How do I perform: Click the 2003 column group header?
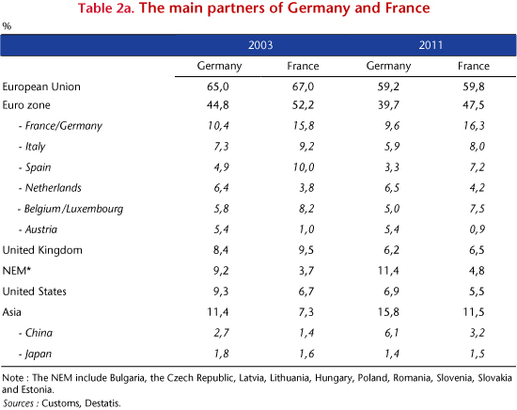point(260,45)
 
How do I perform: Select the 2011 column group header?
point(431,45)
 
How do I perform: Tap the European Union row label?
point(41,87)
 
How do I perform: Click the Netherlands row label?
point(50,188)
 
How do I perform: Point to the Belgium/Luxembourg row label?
point(70,209)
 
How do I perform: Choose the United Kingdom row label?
point(42,250)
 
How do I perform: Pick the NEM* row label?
point(17,271)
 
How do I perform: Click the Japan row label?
point(36,354)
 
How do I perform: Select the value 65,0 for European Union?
point(218,87)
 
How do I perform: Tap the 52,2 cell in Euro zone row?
point(303,105)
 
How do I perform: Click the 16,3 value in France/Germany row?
point(474,126)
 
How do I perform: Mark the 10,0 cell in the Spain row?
point(304,167)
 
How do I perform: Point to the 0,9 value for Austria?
point(477,229)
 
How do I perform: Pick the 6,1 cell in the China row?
point(391,333)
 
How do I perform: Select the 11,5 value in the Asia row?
point(474,312)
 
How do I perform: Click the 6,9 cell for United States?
point(391,292)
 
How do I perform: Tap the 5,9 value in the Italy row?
point(392,147)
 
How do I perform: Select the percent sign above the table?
point(7,26)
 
